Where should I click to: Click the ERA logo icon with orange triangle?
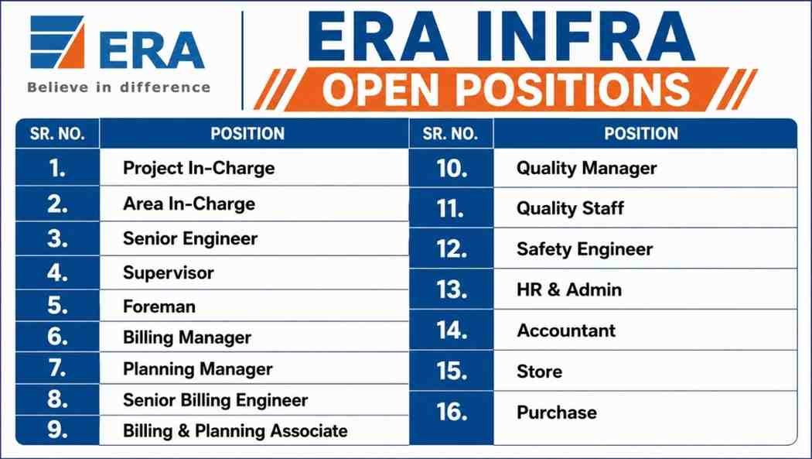point(57,42)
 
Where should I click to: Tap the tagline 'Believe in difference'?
point(118,87)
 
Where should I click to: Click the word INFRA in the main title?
point(585,37)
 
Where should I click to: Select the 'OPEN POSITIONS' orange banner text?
point(506,89)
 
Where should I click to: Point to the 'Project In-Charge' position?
point(199,169)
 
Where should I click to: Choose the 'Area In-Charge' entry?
point(189,204)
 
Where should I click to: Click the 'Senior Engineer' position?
point(190,238)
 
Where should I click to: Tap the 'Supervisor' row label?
point(169,273)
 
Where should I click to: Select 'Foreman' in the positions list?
point(159,307)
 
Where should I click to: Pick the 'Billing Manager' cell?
point(187,337)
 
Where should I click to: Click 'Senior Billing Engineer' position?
point(216,400)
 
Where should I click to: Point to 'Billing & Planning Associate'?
point(235,431)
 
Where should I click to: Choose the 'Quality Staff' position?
point(570,208)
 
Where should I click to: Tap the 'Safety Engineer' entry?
point(585,249)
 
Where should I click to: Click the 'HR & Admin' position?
point(569,289)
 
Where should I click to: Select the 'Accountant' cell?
point(566,331)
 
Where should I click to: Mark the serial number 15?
point(452,371)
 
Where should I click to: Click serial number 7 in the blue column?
point(57,368)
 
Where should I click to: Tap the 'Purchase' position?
point(557,413)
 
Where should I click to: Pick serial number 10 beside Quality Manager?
point(452,169)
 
